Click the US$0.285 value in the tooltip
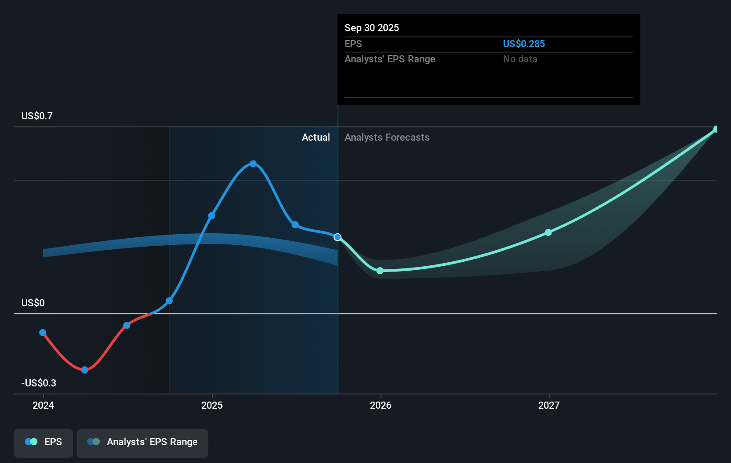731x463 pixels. (x=524, y=44)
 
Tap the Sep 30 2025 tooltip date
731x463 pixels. (x=371, y=28)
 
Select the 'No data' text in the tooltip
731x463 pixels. (x=520, y=59)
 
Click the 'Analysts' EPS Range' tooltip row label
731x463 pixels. (x=390, y=59)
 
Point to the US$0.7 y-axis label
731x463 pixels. (x=37, y=116)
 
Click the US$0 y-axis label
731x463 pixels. (x=33, y=303)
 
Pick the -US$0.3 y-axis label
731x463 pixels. (x=39, y=383)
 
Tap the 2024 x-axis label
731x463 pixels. (x=43, y=405)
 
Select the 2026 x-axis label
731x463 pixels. (x=380, y=405)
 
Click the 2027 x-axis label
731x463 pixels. (x=548, y=405)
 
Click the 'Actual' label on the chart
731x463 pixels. (x=316, y=137)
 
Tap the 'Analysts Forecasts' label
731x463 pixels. (x=387, y=137)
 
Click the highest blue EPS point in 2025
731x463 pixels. (x=253, y=164)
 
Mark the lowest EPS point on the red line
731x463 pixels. (x=85, y=370)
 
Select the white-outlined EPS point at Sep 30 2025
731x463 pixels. (x=337, y=237)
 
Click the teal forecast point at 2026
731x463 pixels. (x=380, y=271)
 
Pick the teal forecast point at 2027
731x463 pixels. (x=548, y=232)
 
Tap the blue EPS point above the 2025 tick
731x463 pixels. (x=211, y=216)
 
